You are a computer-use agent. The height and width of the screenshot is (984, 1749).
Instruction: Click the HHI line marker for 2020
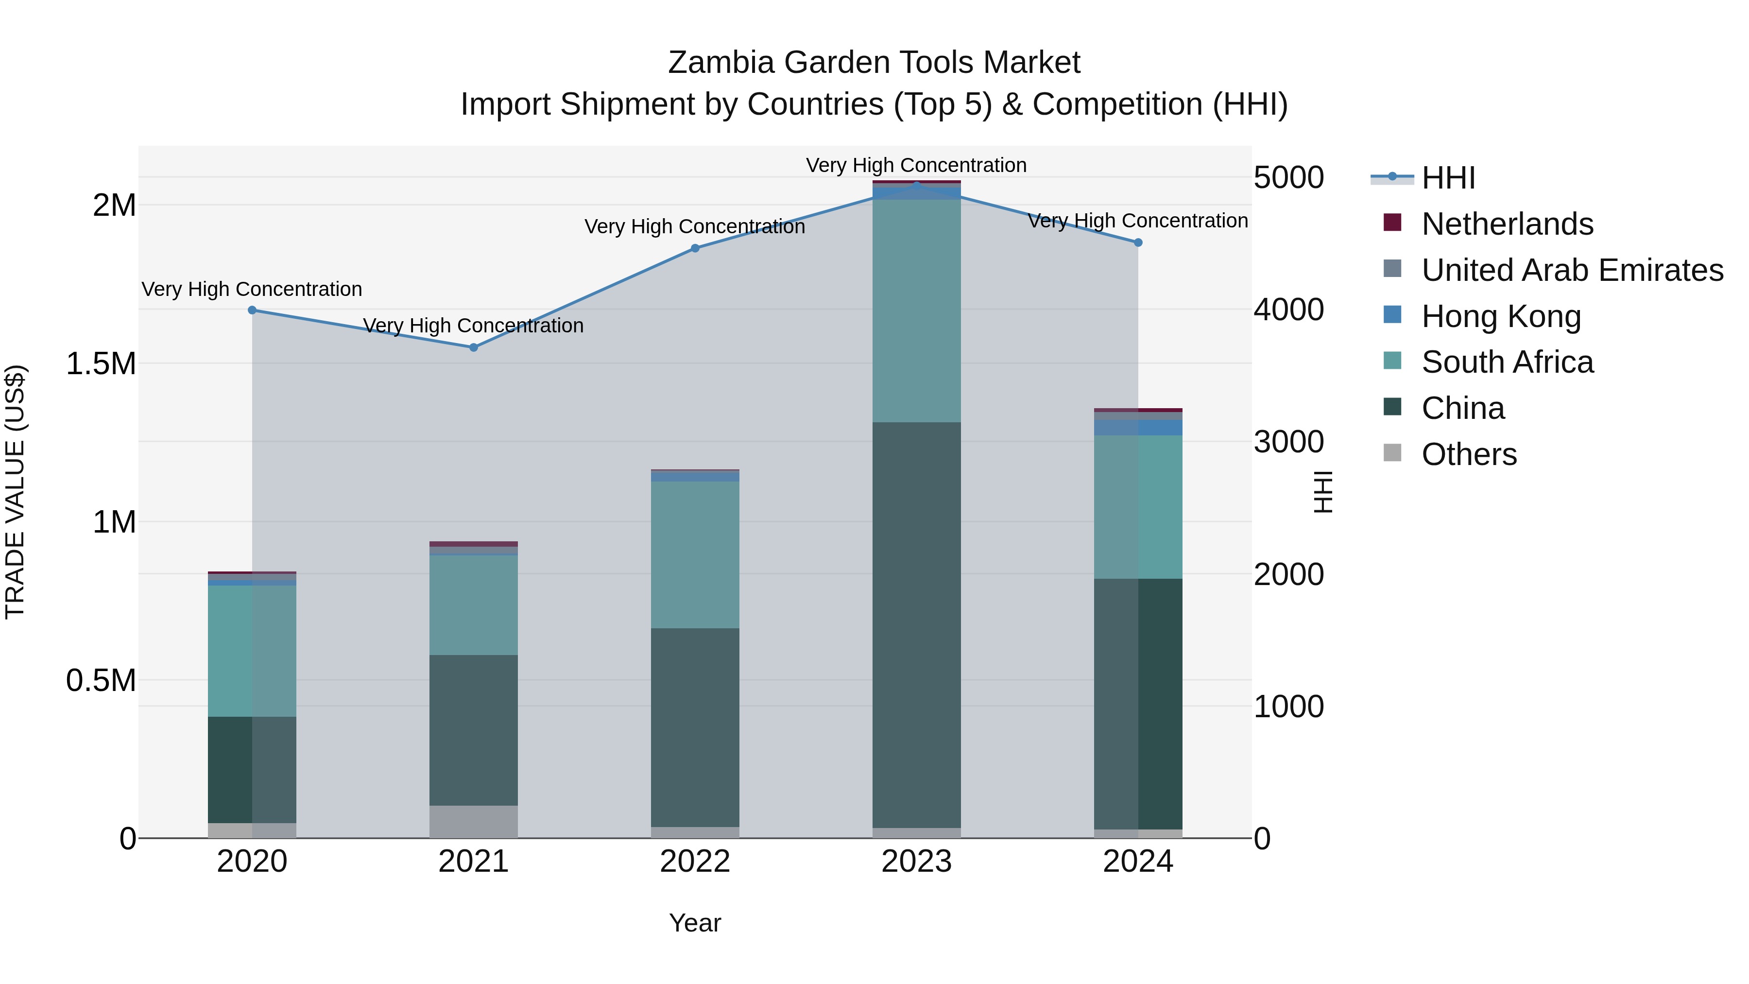tap(252, 311)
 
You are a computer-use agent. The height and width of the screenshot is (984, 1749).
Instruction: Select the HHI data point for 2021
tap(474, 348)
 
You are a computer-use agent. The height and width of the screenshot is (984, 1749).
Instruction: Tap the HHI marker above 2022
tap(695, 248)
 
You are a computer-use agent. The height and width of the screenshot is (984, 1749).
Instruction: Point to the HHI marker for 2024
tap(1139, 242)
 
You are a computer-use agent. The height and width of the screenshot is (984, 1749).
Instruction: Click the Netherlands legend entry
tap(1507, 224)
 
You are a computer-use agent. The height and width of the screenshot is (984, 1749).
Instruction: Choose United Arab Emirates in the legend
tap(1572, 270)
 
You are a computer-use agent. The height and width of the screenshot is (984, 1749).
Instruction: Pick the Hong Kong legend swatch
tap(1392, 315)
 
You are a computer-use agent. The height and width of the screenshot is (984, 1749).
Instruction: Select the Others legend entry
tap(1469, 454)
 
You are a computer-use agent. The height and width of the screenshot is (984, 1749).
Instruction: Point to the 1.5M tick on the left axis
tap(101, 364)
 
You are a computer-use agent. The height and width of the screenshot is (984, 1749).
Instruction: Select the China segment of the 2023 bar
tap(917, 625)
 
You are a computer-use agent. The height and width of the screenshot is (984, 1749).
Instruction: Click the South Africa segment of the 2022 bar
tap(695, 555)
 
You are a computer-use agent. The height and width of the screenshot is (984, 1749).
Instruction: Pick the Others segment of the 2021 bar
tap(474, 822)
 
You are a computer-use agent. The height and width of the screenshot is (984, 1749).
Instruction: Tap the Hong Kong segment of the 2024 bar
tap(1139, 428)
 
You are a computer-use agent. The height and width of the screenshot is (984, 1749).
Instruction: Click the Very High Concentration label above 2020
tap(252, 289)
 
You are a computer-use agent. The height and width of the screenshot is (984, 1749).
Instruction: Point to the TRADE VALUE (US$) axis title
tap(15, 492)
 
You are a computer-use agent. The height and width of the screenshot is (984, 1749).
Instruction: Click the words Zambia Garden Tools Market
tap(874, 63)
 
